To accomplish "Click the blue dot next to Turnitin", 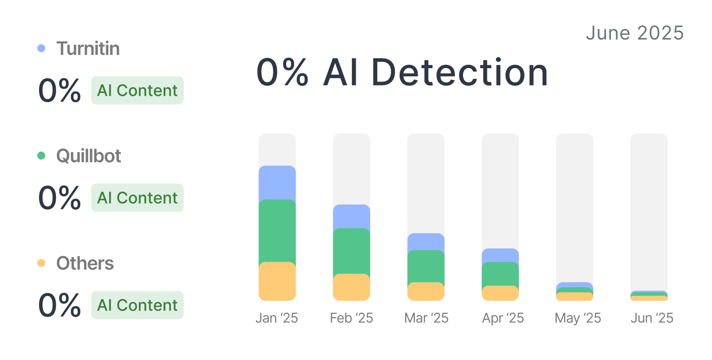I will (41, 48).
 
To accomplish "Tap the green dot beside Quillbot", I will (41, 155).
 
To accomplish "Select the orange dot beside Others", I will (41, 263).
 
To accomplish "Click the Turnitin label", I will (88, 48).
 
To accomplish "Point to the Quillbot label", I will (89, 156).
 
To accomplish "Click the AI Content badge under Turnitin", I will (137, 90).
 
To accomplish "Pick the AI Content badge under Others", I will (137, 305).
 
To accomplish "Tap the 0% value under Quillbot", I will (60, 198).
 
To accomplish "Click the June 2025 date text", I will (635, 33).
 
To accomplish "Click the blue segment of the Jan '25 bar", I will (277, 182).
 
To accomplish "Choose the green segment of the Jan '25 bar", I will (277, 230).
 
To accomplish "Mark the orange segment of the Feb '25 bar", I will (351, 287).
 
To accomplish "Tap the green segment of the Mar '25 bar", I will (426, 266).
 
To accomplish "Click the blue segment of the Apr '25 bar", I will (500, 255).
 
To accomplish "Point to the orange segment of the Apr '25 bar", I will (500, 293).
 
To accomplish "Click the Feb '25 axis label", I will (351, 318).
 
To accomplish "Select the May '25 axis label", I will (578, 318).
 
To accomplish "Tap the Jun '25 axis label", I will (652, 318).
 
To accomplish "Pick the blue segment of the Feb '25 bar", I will (351, 216).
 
